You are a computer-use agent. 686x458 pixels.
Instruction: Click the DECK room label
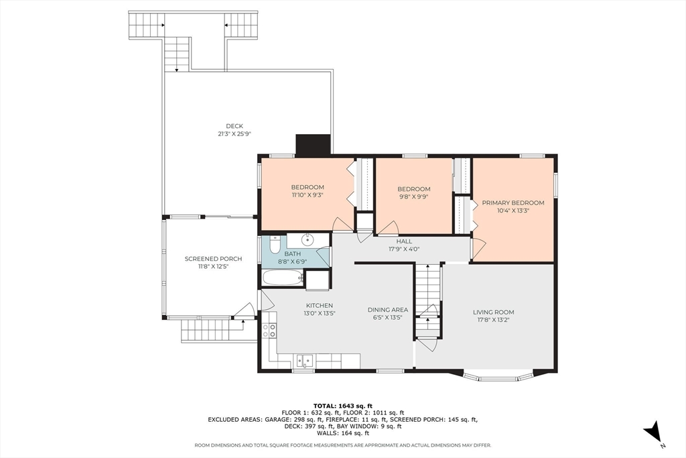234,126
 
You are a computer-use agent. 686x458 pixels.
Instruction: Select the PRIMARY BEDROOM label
513,203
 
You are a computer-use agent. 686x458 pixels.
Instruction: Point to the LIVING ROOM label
493,312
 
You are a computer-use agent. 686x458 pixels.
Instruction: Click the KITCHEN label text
320,306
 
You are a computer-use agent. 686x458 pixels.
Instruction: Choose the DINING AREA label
388,310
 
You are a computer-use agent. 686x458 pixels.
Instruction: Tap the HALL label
404,241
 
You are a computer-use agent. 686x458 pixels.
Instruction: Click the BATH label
292,253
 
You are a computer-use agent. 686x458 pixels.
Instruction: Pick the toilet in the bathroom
275,244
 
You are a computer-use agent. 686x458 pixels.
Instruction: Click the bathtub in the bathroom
283,278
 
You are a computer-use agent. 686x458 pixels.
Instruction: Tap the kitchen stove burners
269,330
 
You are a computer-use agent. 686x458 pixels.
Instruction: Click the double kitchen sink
305,360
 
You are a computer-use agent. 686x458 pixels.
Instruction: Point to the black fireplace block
313,144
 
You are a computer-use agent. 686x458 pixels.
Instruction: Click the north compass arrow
653,431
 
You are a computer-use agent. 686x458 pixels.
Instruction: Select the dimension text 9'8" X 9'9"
413,196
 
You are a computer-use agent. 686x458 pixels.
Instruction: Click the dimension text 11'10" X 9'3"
307,195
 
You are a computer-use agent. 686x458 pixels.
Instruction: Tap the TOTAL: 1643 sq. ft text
342,406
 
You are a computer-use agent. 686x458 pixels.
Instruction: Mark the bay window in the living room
498,376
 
